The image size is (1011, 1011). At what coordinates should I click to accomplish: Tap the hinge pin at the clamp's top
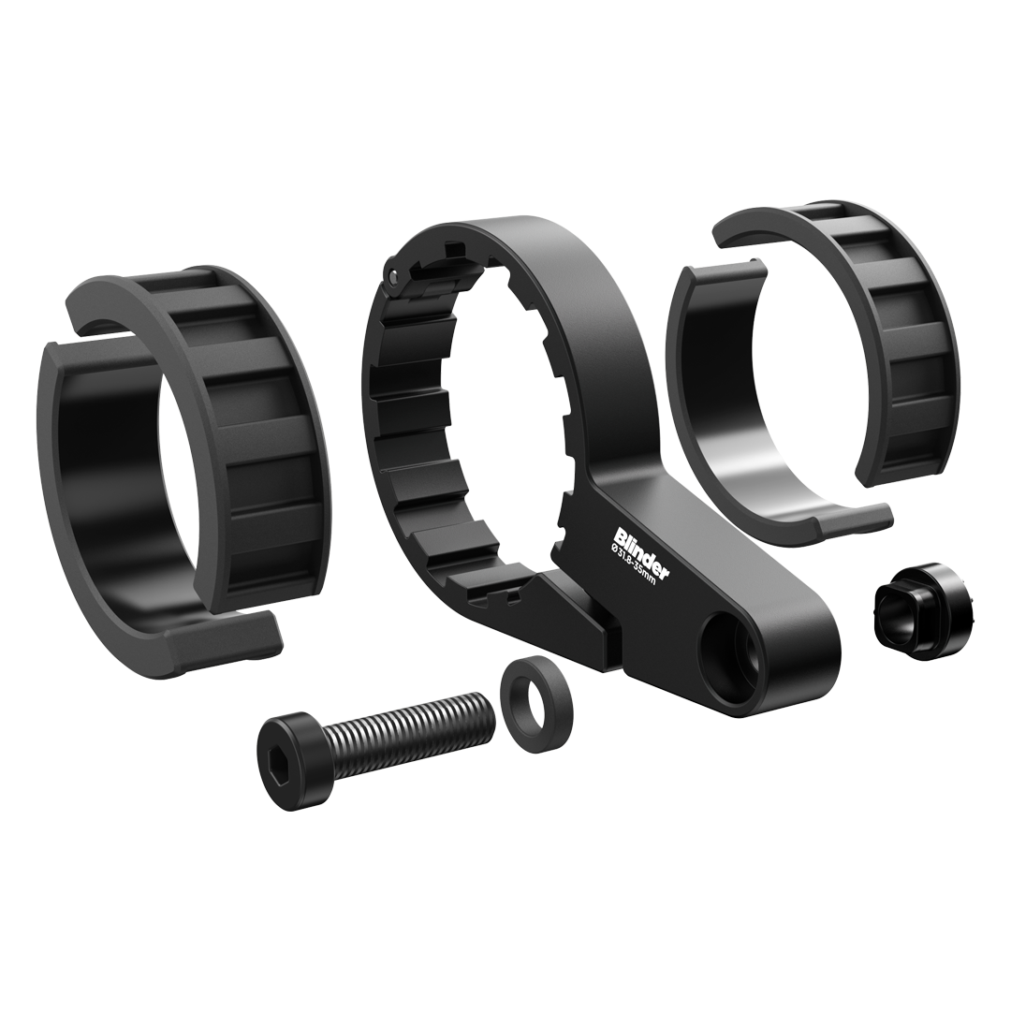pos(393,275)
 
